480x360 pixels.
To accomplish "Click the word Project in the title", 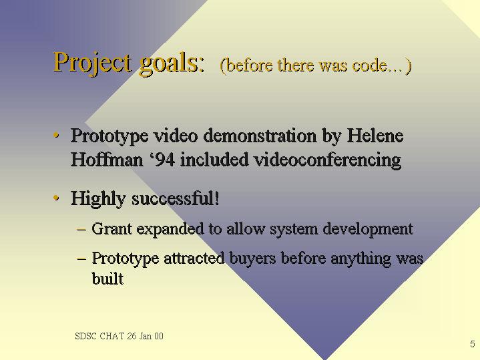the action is (x=93, y=63).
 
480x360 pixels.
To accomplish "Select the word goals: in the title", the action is (x=172, y=63).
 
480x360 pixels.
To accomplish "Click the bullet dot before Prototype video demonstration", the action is (x=56, y=135).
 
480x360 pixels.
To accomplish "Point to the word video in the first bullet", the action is (x=176, y=135).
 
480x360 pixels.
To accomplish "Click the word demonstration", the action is (x=260, y=135).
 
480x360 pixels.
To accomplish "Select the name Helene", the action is (x=375, y=135).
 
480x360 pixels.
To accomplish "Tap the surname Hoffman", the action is (x=107, y=160).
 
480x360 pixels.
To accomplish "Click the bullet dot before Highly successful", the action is (x=56, y=198).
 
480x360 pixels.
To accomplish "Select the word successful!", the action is (x=176, y=198).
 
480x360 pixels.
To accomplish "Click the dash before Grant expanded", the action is (x=81, y=229).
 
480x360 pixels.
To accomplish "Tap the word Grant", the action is (x=111, y=228).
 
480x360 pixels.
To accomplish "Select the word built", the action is (x=107, y=279).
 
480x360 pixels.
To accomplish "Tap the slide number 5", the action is (x=473, y=344).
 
